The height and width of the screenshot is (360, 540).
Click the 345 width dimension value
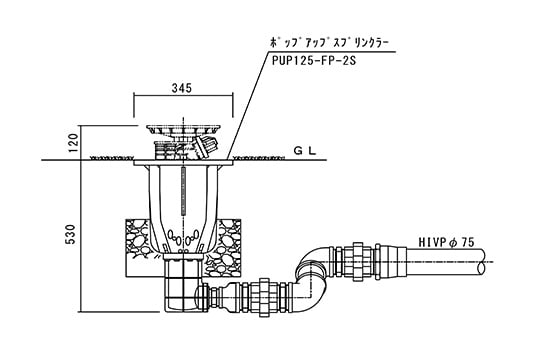click(181, 88)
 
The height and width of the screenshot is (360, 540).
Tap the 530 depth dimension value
click(70, 234)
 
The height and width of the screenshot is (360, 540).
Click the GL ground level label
click(304, 151)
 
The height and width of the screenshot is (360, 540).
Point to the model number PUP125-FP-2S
click(314, 61)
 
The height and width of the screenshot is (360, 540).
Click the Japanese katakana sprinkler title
click(329, 44)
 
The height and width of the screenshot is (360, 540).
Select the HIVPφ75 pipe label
click(446, 243)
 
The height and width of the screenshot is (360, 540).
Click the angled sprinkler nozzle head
click(205, 145)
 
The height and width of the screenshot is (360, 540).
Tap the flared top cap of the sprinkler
click(184, 130)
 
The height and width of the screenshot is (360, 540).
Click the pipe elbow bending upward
click(312, 272)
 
